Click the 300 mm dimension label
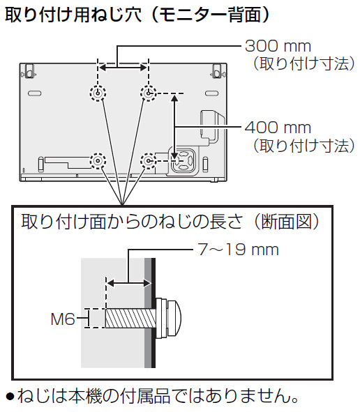278,46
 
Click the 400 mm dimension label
278,128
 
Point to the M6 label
64,319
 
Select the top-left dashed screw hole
98,93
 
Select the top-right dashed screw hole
149,93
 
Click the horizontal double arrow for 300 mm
123,67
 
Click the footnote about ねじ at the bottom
153,398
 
